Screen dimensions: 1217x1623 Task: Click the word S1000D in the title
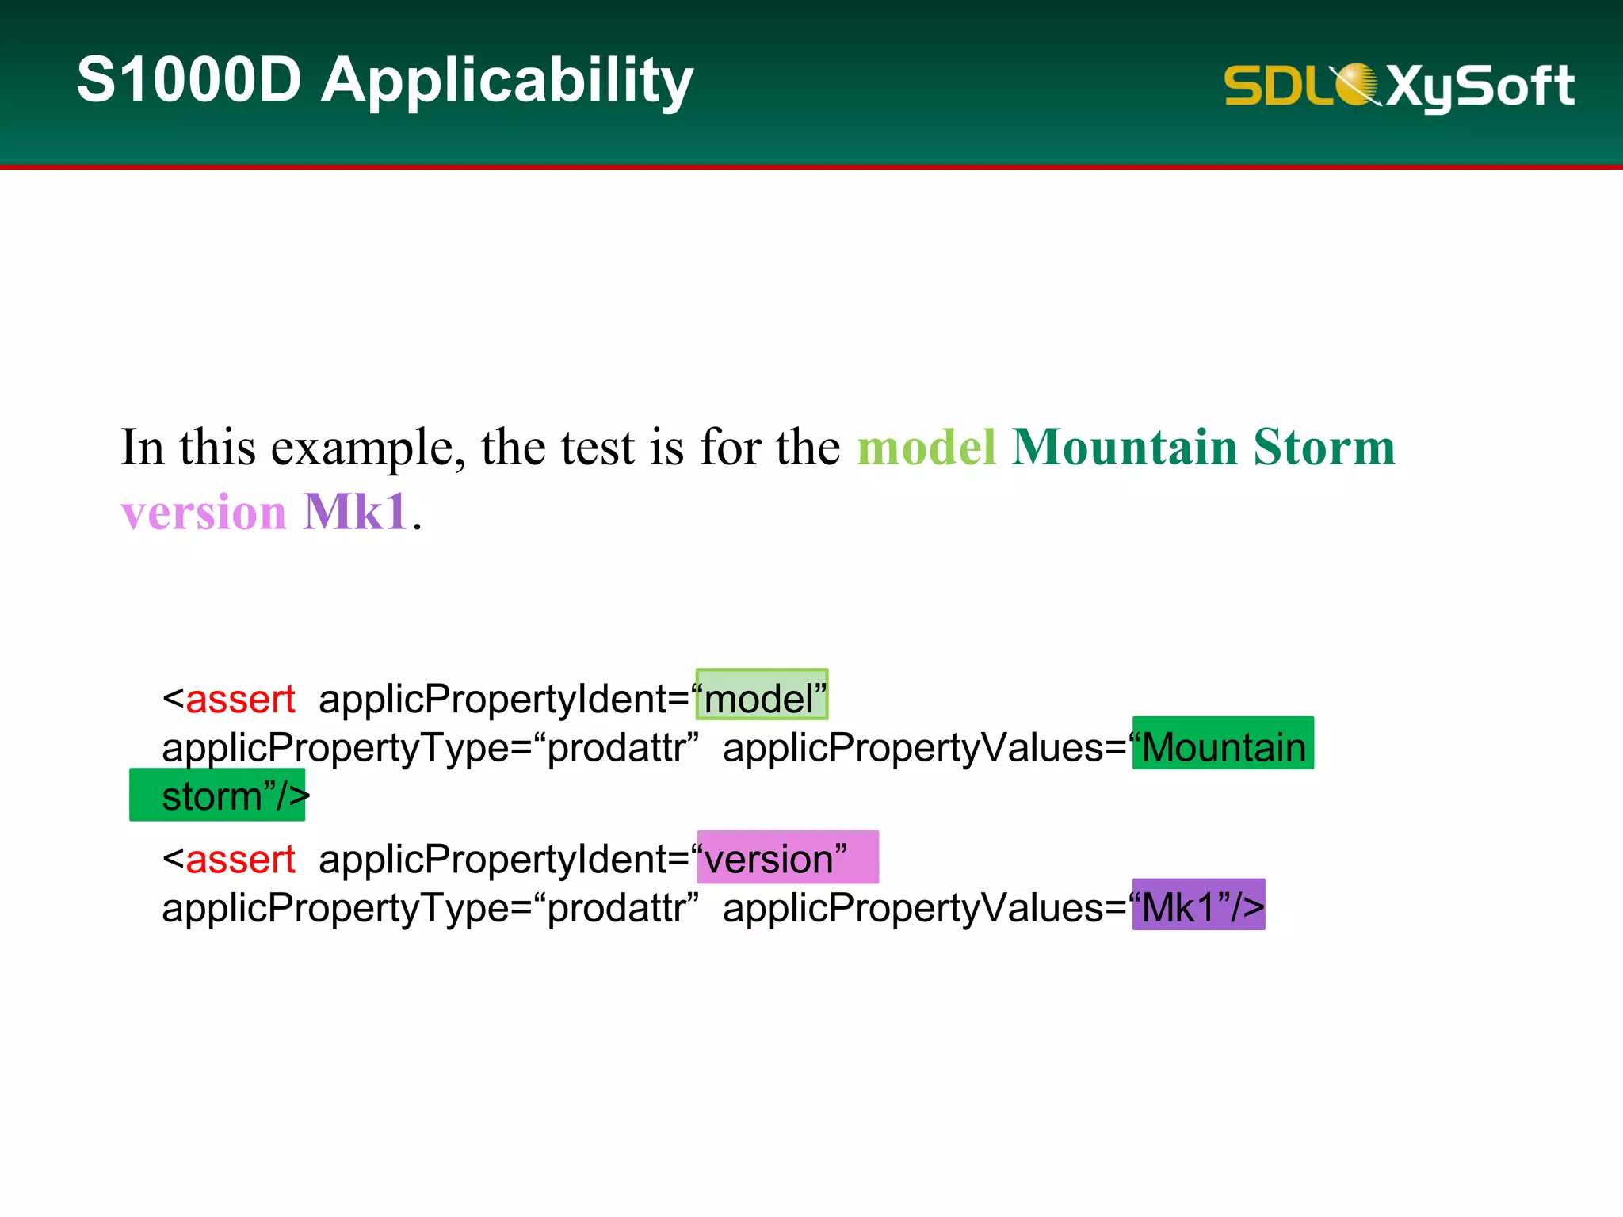189,80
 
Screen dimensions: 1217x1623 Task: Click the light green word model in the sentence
926,447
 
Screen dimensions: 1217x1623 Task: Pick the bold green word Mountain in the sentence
1125,447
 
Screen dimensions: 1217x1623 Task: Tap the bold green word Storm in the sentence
1324,447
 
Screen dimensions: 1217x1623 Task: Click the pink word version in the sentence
204,512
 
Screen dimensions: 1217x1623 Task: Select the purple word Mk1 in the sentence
356,512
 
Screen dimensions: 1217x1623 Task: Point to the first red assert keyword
240,699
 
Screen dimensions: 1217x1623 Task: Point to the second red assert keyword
240,859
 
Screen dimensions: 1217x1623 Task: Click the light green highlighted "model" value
762,697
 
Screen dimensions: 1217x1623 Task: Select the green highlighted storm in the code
212,795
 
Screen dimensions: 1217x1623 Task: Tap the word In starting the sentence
142,447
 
